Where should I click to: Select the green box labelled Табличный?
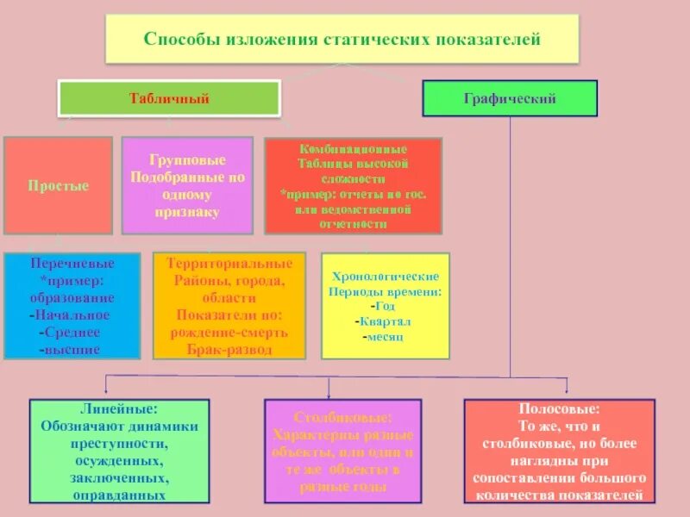click(169, 98)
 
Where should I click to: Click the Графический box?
click(509, 98)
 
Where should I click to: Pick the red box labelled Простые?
click(58, 185)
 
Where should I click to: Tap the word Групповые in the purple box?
click(187, 160)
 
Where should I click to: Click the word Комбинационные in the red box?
click(353, 149)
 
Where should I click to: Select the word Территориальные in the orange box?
click(229, 262)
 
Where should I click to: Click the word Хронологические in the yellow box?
click(386, 277)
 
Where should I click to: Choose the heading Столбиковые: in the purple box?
click(342, 416)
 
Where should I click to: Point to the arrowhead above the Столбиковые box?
click(342, 392)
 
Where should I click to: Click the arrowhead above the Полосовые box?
click(567, 392)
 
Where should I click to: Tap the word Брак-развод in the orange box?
click(229, 350)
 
